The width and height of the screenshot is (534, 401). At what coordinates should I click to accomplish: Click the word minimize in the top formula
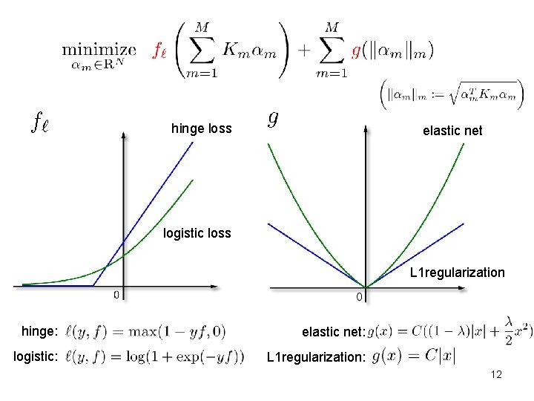(99, 50)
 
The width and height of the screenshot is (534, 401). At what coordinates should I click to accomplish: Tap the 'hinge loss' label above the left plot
(201, 128)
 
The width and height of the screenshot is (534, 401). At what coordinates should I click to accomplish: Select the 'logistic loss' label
(197, 234)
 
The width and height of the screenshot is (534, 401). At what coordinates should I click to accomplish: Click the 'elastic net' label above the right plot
(452, 131)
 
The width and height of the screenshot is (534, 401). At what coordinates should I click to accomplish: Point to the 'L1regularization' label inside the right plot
(457, 273)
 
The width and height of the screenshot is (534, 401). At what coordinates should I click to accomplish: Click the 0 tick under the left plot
(116, 295)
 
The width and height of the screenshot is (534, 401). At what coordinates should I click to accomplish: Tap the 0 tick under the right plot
(359, 298)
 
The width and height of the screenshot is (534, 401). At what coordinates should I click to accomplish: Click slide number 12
(496, 374)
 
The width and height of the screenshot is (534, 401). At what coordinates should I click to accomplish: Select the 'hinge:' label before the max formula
(39, 331)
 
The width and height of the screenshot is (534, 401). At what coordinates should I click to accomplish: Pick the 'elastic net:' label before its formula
(333, 332)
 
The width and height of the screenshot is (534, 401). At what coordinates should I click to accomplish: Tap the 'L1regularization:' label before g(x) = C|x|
(316, 357)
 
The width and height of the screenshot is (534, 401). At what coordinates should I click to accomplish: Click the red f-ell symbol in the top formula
(159, 50)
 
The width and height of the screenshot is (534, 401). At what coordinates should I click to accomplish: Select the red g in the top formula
(356, 50)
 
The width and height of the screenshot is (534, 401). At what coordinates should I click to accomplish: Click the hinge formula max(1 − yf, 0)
(146, 331)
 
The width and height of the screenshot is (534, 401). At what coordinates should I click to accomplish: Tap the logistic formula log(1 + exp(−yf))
(155, 356)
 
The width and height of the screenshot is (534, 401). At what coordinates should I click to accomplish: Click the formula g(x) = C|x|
(413, 356)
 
